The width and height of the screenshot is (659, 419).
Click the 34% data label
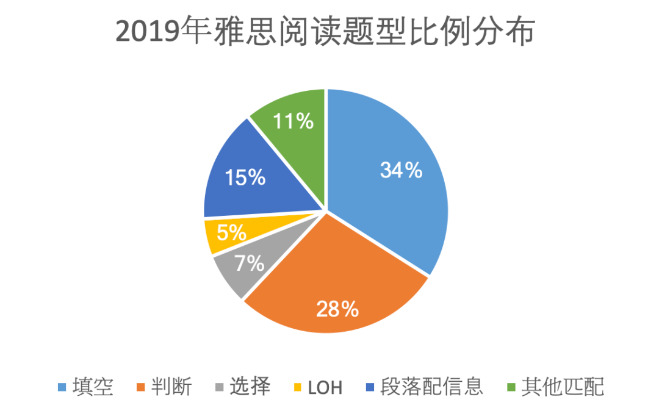[x=401, y=171]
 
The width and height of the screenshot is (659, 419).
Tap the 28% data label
[x=337, y=309]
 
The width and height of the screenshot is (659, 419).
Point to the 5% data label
[x=231, y=232]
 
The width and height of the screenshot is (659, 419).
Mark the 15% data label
[x=245, y=178]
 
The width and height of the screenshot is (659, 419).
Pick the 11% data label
[x=293, y=121]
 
